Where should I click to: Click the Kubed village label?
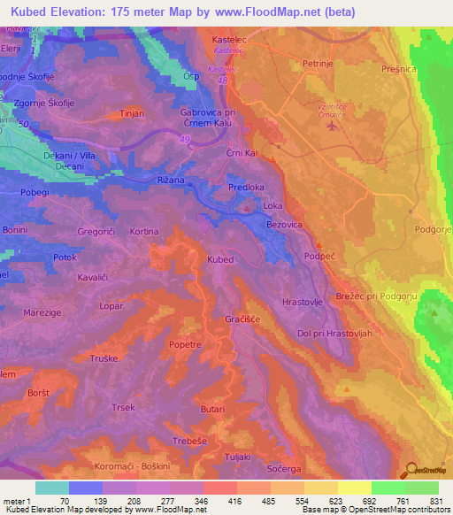pos(220,259)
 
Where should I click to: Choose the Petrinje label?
pos(317,65)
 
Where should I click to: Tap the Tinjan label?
pos(131,114)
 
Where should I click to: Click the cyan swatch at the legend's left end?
pos(51,488)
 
